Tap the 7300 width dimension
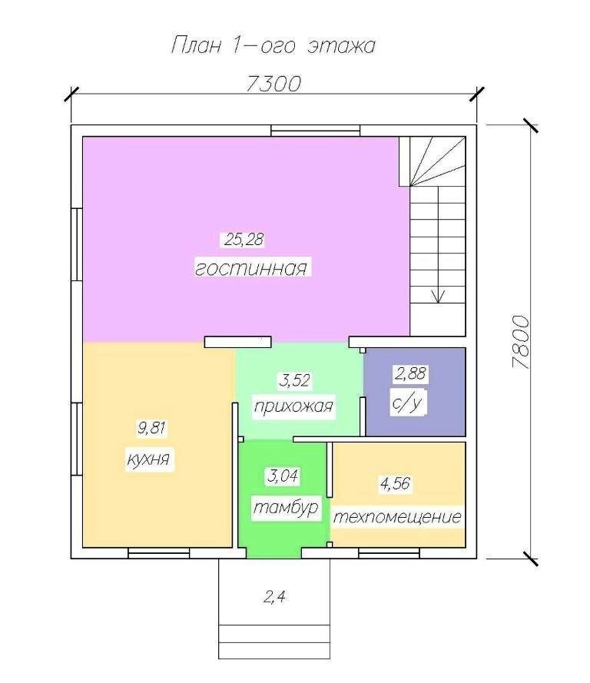[x=273, y=84]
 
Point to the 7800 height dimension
[x=521, y=343]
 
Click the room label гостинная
[x=250, y=268]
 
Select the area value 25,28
[x=244, y=240]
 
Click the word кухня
[x=148, y=460]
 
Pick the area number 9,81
[x=152, y=428]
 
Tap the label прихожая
[x=293, y=407]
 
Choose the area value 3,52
[x=295, y=380]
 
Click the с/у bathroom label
[x=407, y=403]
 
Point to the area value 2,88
[x=410, y=373]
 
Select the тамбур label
[x=286, y=509]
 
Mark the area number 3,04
[x=283, y=476]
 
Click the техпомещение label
[x=397, y=518]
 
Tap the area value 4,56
[x=396, y=484]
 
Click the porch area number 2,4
[x=274, y=597]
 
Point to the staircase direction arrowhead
[x=438, y=297]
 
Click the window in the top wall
[x=316, y=131]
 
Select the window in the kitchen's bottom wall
[x=159, y=553]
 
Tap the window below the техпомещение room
[x=389, y=553]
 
